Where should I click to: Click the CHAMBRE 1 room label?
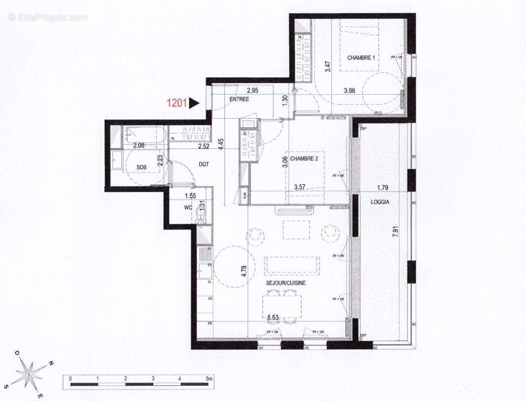point(361,58)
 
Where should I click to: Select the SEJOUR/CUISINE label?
point(286,283)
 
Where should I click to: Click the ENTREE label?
point(239,99)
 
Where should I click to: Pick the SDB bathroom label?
point(141,167)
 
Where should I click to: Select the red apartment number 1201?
point(177,103)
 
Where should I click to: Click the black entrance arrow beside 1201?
point(194,103)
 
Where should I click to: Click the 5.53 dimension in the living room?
point(273,317)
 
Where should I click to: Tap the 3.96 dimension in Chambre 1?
point(349,91)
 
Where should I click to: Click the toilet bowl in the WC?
point(201,217)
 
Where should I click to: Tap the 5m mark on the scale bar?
point(208,379)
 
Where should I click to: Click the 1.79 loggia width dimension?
point(384,188)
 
